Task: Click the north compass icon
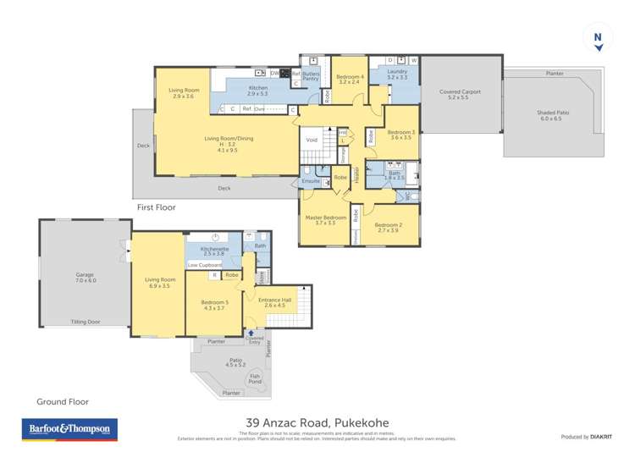pos(598,40)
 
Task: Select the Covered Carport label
pos(460,94)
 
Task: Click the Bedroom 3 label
pos(400,135)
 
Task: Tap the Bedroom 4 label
pos(351,80)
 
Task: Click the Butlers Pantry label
pos(311,77)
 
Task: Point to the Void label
pos(312,140)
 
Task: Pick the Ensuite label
pos(311,181)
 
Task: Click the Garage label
pos(85,277)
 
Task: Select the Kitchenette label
pos(213,250)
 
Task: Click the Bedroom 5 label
pos(213,305)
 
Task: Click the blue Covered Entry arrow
pos(249,332)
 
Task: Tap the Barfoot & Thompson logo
pos(69,430)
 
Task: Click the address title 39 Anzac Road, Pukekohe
pos(317,423)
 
